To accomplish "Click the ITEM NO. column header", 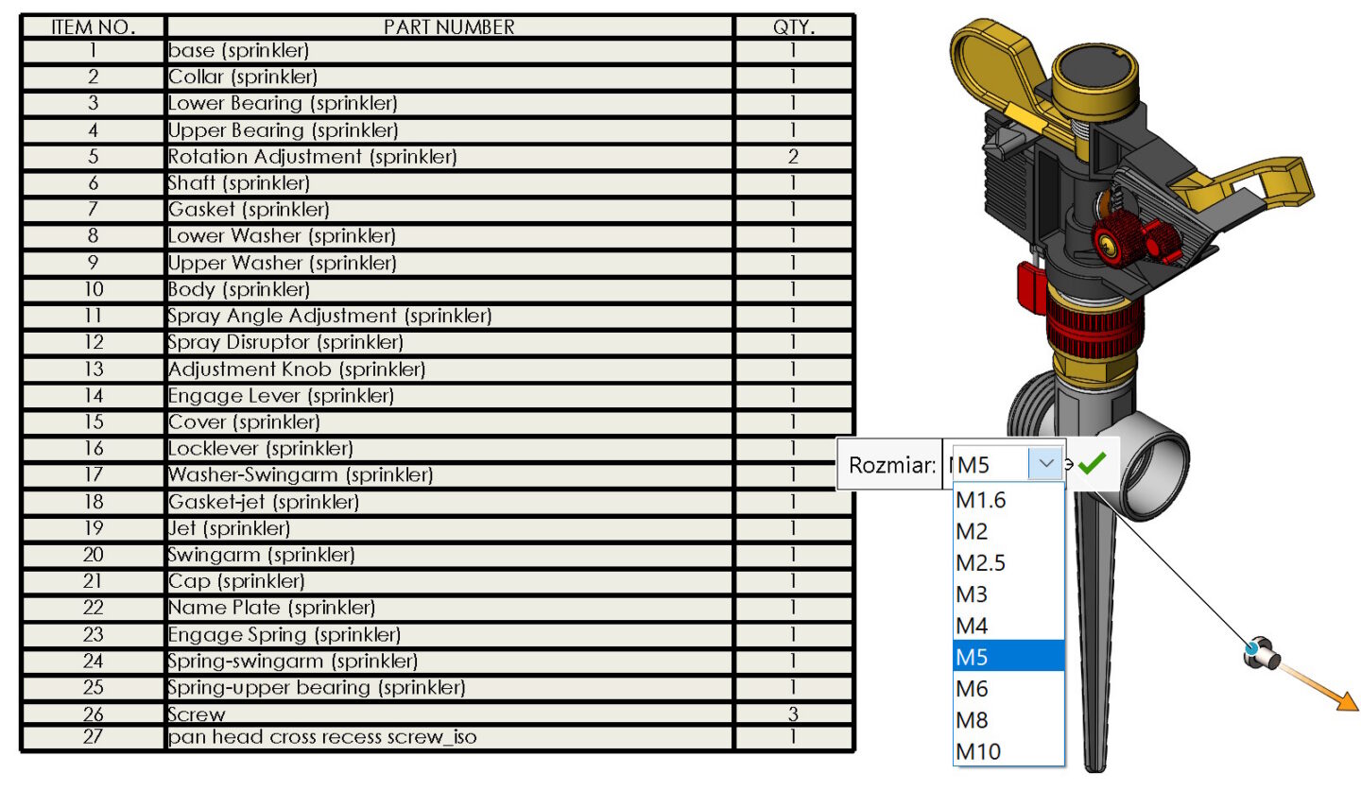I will pyautogui.click(x=93, y=26).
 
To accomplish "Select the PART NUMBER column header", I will pyautogui.click(x=449, y=26).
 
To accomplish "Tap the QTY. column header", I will pyautogui.click(x=793, y=26).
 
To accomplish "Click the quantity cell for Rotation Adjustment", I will pyautogui.click(x=793, y=157).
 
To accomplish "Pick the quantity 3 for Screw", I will pyautogui.click(x=793, y=714).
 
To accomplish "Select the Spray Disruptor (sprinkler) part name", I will pyautogui.click(x=285, y=342).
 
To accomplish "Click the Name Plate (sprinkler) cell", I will pyautogui.click(x=271, y=608).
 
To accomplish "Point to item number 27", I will pyautogui.click(x=93, y=736).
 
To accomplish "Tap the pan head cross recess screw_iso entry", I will pyautogui.click(x=322, y=736).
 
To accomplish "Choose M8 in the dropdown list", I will pyautogui.click(x=973, y=720).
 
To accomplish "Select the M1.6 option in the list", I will pyautogui.click(x=981, y=501).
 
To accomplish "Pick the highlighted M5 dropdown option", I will pyautogui.click(x=973, y=657).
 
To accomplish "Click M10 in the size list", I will pyautogui.click(x=978, y=752).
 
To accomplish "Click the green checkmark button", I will pyautogui.click(x=1092, y=464).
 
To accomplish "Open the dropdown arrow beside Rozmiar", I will pyautogui.click(x=1045, y=464).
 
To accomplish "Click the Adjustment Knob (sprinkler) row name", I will pyautogui.click(x=297, y=369).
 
